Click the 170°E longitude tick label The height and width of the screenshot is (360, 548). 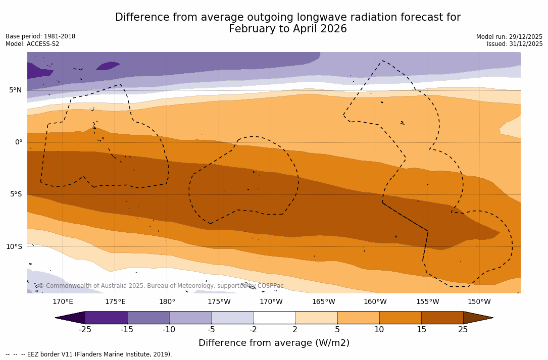pyautogui.click(x=63, y=302)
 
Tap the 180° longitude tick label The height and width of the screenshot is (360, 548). pyautogui.click(x=167, y=302)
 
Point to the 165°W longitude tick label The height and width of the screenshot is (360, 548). pyautogui.click(x=323, y=302)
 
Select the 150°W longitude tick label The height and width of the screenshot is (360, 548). pyautogui.click(x=479, y=302)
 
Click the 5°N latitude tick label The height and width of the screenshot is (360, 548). pyautogui.click(x=15, y=90)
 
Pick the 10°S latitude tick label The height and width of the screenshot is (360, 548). pyautogui.click(x=14, y=247)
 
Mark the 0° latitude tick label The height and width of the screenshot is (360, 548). pyautogui.click(x=19, y=142)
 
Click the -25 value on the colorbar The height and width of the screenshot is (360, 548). pyautogui.click(x=85, y=330)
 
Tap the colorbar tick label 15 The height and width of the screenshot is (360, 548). pyautogui.click(x=421, y=330)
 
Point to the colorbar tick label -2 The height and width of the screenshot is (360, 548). pyautogui.click(x=253, y=330)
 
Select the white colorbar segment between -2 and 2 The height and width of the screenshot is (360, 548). pyautogui.click(x=274, y=318)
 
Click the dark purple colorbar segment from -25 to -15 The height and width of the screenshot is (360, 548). pyautogui.click(x=106, y=318)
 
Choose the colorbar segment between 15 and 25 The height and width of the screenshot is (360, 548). pyautogui.click(x=442, y=318)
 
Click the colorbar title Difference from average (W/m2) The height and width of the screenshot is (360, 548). pyautogui.click(x=274, y=343)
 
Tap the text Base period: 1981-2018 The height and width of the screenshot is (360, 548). pyautogui.click(x=40, y=36)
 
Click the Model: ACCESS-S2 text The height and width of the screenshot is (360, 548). pyautogui.click(x=32, y=44)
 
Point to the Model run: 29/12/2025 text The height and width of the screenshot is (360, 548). pyautogui.click(x=509, y=37)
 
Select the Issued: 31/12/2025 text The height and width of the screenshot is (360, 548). pyautogui.click(x=515, y=44)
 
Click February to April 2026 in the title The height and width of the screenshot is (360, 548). pyautogui.click(x=288, y=29)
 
